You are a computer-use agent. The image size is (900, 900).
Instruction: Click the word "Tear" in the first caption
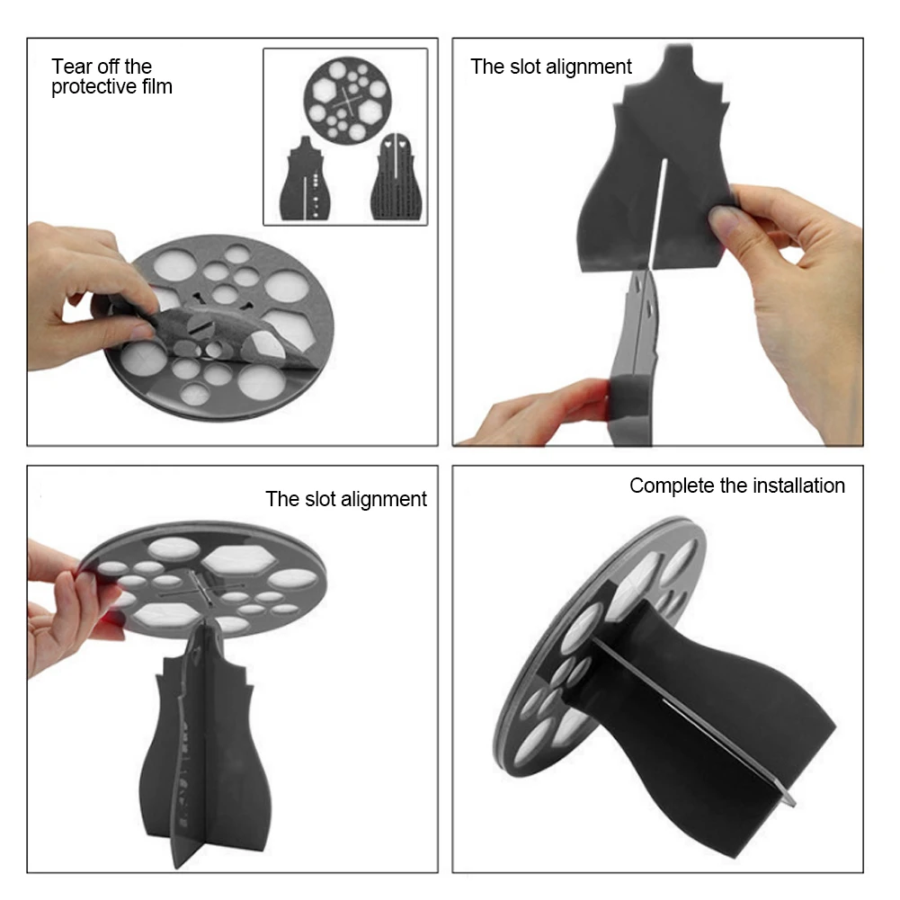click(x=71, y=67)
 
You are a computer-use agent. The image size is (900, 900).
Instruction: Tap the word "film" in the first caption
click(x=157, y=86)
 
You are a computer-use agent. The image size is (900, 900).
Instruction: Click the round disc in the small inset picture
click(x=347, y=99)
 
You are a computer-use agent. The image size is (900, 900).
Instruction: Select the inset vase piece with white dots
click(x=306, y=179)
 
